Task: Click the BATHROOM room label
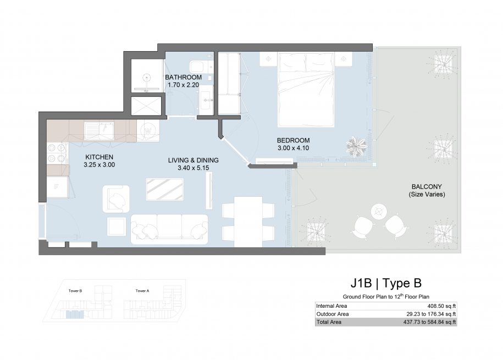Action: (183, 77)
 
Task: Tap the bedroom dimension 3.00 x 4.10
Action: (293, 148)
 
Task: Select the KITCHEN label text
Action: (99, 157)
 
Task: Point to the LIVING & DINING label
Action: (193, 160)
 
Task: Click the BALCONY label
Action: (427, 186)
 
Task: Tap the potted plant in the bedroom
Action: (357, 146)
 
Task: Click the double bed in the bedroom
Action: (306, 90)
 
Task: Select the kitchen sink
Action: (99, 131)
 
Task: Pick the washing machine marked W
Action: (148, 131)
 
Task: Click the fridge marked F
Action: (57, 186)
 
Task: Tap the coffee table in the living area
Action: (164, 189)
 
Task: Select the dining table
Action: (248, 221)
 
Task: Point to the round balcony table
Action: (379, 212)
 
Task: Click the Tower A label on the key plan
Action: (142, 291)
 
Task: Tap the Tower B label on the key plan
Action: (75, 291)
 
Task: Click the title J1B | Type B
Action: (385, 283)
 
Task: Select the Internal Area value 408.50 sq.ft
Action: (441, 306)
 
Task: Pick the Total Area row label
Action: (329, 322)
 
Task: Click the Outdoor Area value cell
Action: (431, 314)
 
